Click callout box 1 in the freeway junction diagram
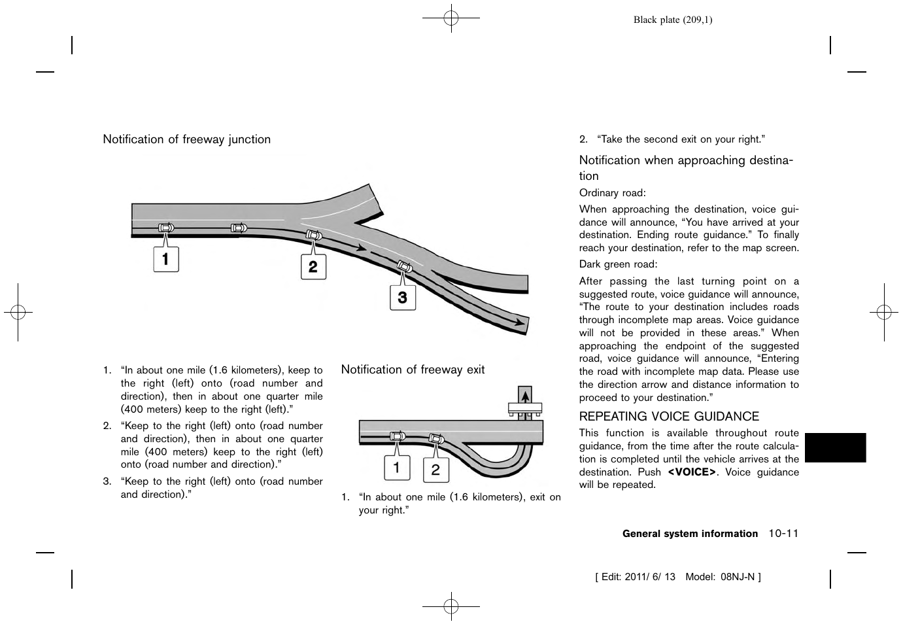click(x=166, y=259)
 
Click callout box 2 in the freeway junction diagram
click(x=313, y=266)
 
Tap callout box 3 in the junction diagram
click(x=403, y=297)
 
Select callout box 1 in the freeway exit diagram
click(x=396, y=468)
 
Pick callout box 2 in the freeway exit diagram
click(x=435, y=470)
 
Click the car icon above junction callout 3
click(x=405, y=266)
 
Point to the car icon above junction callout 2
click(x=314, y=235)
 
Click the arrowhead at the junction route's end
click(x=520, y=322)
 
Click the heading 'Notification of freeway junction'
click(x=186, y=139)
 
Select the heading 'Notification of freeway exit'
click(x=413, y=370)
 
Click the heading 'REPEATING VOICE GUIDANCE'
click(x=669, y=417)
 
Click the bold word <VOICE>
click(x=692, y=472)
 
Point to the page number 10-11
click(x=783, y=534)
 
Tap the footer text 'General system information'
click(x=690, y=534)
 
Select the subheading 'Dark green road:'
click(x=618, y=264)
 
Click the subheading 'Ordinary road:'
click(x=612, y=193)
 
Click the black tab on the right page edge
click(x=835, y=447)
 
